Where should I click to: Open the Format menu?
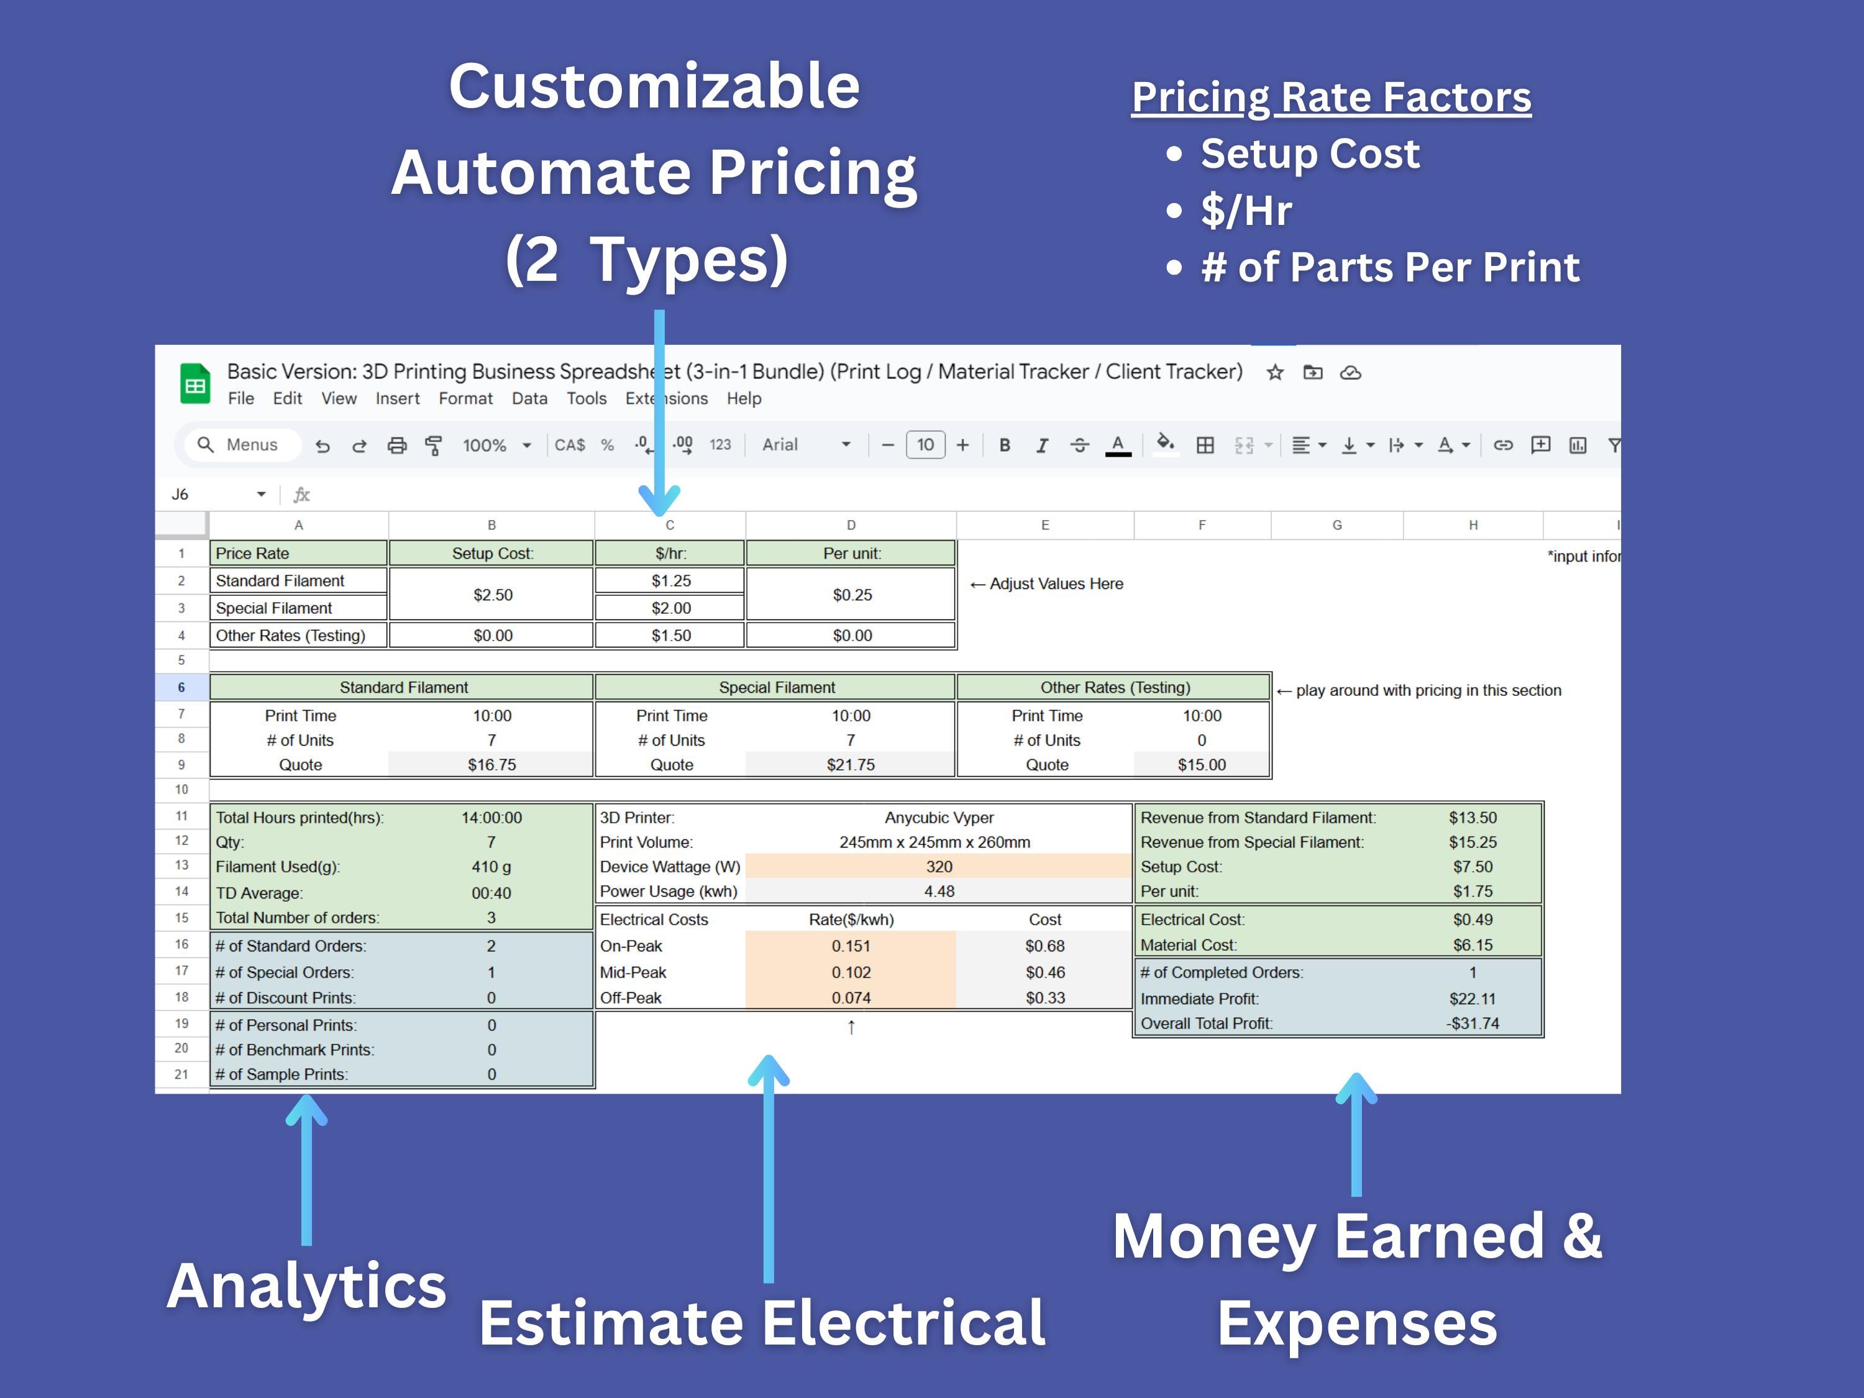coord(465,399)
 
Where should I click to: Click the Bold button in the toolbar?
coord(1005,445)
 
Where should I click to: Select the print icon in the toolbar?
coord(396,445)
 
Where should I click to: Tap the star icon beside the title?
coord(1275,372)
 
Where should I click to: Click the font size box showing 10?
coord(925,445)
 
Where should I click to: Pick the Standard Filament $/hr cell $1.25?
coord(671,580)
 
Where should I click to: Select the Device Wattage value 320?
coord(939,866)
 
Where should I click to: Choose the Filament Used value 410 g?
coord(491,866)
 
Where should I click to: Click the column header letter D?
coord(851,525)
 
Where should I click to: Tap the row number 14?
coord(181,892)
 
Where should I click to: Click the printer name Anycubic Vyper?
coord(939,818)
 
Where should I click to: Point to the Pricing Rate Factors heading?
coord(1331,97)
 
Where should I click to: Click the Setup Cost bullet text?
coord(1310,153)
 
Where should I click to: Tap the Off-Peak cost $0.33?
coord(1045,998)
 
